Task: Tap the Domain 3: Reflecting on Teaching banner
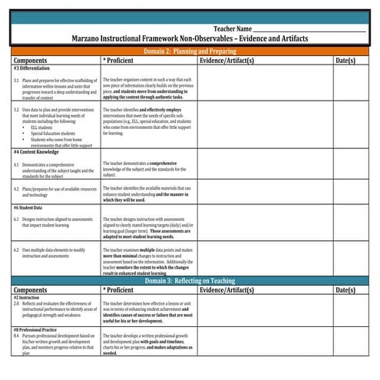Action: (x=190, y=281)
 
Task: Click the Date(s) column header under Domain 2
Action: (x=345, y=59)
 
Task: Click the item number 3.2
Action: (x=16, y=110)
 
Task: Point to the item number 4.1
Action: (x=16, y=164)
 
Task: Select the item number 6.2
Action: (x=16, y=249)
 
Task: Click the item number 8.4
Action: (x=16, y=335)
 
